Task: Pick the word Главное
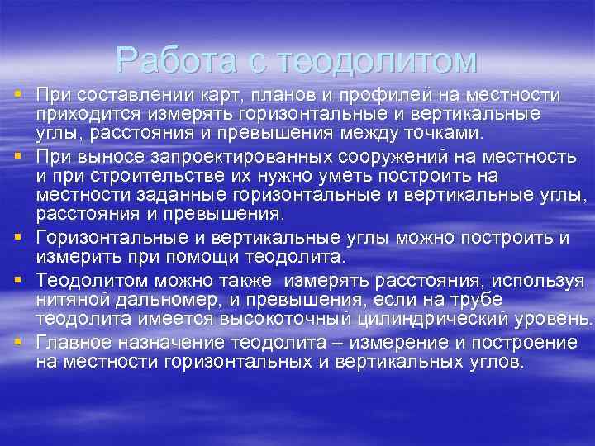pos(77,341)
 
